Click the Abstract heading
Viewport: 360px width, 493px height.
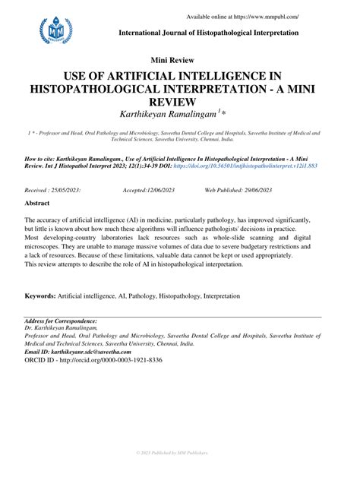(37, 204)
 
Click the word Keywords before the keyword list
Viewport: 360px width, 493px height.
(43, 295)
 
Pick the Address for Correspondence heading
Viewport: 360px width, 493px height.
(61, 322)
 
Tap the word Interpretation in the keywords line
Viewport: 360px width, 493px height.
(217, 295)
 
